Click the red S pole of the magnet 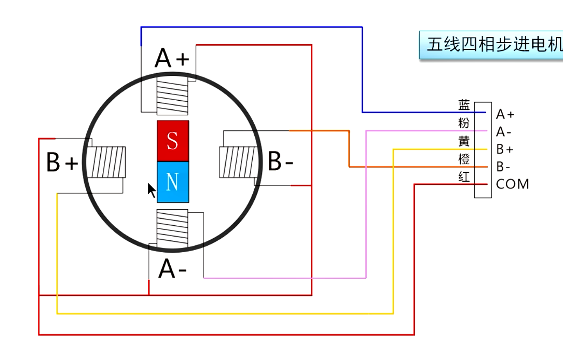[x=173, y=141]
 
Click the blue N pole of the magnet [x=173, y=182]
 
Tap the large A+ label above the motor [x=172, y=58]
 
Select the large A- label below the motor [x=172, y=268]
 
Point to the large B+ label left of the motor [x=62, y=162]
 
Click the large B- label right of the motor [x=280, y=161]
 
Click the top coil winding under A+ [x=172, y=96]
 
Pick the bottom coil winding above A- [x=172, y=228]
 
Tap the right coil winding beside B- [x=239, y=162]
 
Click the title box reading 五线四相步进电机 [x=491, y=45]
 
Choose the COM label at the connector [x=512, y=184]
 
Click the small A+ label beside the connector [x=505, y=114]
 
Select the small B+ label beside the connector [x=505, y=149]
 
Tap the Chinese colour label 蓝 [x=464, y=105]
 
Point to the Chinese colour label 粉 [x=464, y=123]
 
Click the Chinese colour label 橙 [x=464, y=159]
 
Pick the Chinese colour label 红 [x=464, y=176]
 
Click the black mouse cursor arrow [x=152, y=190]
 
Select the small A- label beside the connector [x=504, y=132]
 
